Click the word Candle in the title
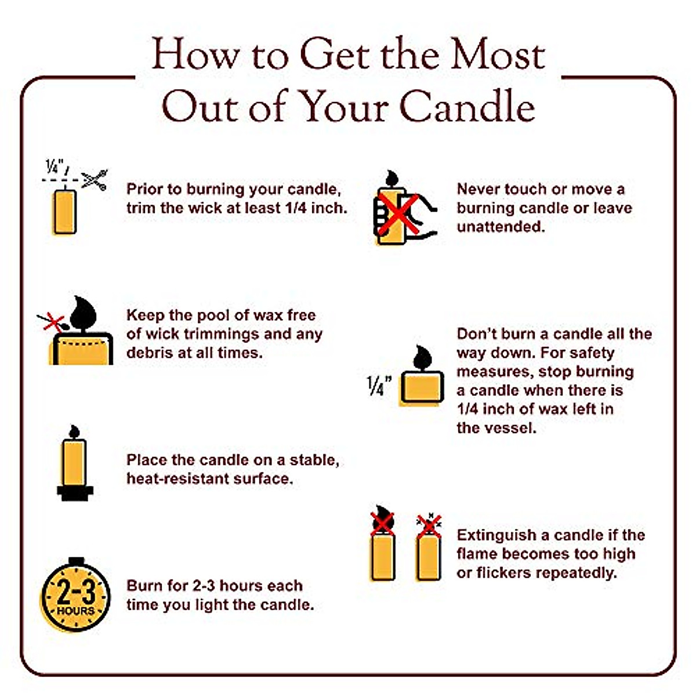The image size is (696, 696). coord(467,107)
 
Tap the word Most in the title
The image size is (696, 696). coord(498,55)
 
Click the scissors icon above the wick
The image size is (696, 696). coord(94,179)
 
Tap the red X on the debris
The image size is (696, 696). coord(53,321)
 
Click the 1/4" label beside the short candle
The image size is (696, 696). coord(379,386)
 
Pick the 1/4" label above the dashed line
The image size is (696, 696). coord(56,168)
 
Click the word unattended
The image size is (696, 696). coord(501,227)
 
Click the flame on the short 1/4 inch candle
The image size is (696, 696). coord(422,358)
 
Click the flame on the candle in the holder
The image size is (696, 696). coord(74,432)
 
